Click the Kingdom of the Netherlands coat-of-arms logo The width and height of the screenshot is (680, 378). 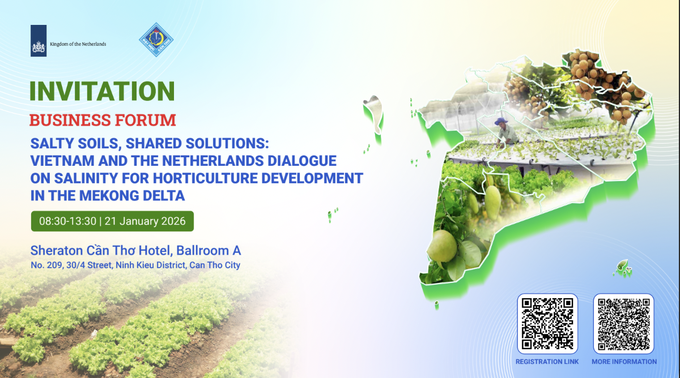click(39, 41)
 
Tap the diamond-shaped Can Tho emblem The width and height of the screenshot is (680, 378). click(156, 40)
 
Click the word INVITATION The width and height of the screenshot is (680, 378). click(103, 92)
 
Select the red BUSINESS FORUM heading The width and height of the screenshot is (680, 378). click(103, 120)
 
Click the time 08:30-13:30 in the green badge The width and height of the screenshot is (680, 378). click(67, 221)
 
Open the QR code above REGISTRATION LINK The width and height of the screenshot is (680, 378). click(547, 324)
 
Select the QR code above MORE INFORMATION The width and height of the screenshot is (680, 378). click(623, 324)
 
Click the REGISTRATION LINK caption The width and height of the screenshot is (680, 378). click(547, 362)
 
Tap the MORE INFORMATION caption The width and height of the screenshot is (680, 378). click(624, 362)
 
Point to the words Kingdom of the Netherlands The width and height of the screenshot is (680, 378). click(78, 44)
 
